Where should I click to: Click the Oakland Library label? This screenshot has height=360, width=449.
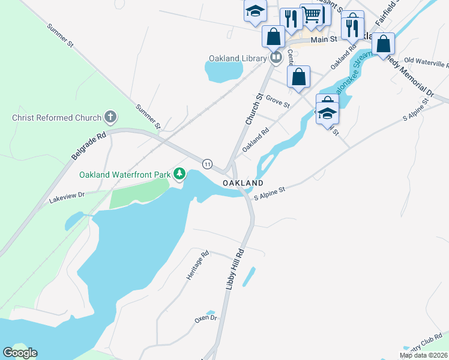(x=237, y=58)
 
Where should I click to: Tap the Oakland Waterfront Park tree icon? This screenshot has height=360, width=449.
(x=179, y=174)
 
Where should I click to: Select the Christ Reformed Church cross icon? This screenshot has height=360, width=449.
(x=109, y=117)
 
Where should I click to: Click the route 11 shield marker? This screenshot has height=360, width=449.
(x=207, y=164)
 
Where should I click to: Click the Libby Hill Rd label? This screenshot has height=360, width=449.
(x=235, y=269)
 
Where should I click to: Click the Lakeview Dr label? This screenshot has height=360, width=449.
(x=68, y=195)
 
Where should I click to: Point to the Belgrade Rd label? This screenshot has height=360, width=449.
(x=89, y=146)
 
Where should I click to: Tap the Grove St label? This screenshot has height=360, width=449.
(x=277, y=101)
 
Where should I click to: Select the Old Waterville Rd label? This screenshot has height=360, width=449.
(x=427, y=61)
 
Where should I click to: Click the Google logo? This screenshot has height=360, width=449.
(x=20, y=352)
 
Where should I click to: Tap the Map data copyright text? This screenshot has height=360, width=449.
(x=423, y=355)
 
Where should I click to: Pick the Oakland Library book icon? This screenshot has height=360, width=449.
(x=276, y=58)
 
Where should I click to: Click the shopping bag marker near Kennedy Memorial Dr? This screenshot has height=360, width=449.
(x=384, y=44)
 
